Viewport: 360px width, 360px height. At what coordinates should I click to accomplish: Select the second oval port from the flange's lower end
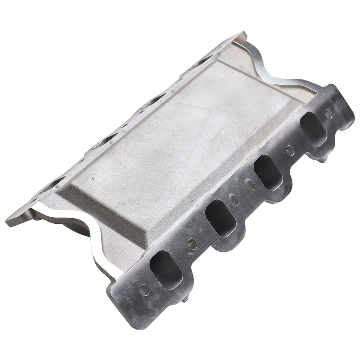tap(220, 218)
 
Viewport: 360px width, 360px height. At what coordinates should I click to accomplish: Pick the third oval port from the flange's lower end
tap(268, 172)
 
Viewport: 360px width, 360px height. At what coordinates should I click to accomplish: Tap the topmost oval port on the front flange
tap(313, 129)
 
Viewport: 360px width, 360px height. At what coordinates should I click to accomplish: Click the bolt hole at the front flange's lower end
tap(144, 290)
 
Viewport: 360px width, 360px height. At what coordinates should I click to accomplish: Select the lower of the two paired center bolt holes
tap(233, 199)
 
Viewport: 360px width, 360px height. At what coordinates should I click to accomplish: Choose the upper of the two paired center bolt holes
tap(249, 184)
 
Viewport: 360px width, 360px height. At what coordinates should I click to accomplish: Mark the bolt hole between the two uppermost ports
tap(290, 150)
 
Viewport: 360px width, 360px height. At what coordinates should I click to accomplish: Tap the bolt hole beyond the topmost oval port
tap(328, 114)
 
